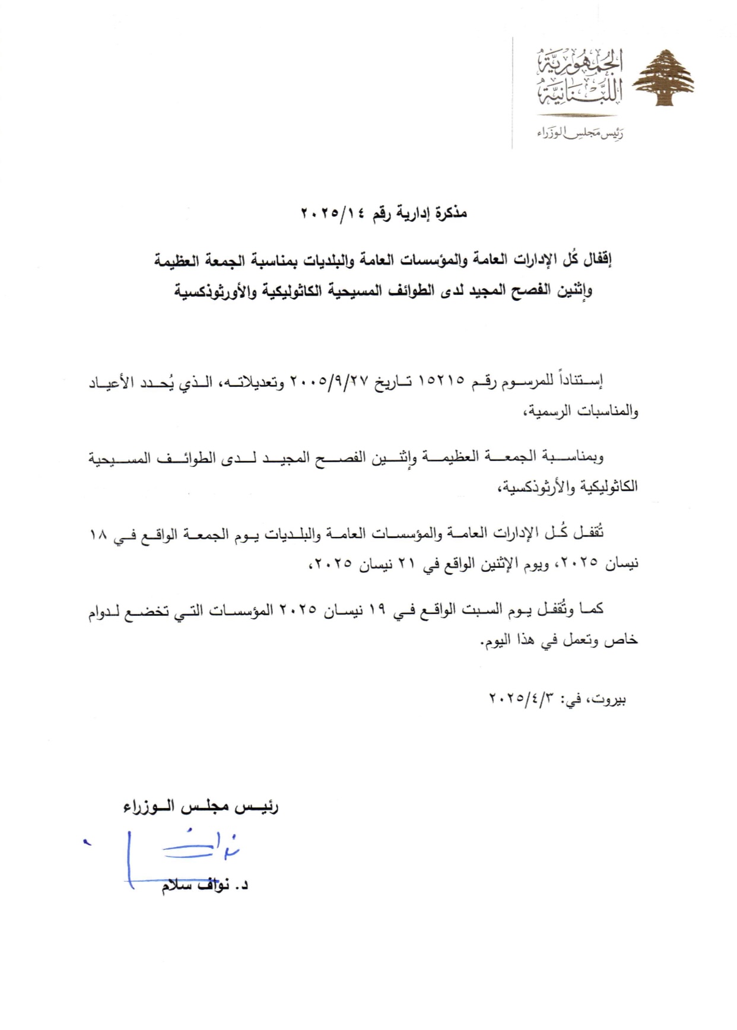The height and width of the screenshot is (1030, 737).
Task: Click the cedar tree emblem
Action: point(663,78)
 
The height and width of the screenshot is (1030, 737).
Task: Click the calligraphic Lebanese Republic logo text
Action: point(579,78)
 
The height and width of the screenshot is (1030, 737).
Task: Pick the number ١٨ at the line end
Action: point(97,533)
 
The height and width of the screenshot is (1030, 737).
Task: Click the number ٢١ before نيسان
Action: point(406,563)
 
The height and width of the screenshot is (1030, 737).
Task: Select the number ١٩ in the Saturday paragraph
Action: point(377,609)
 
